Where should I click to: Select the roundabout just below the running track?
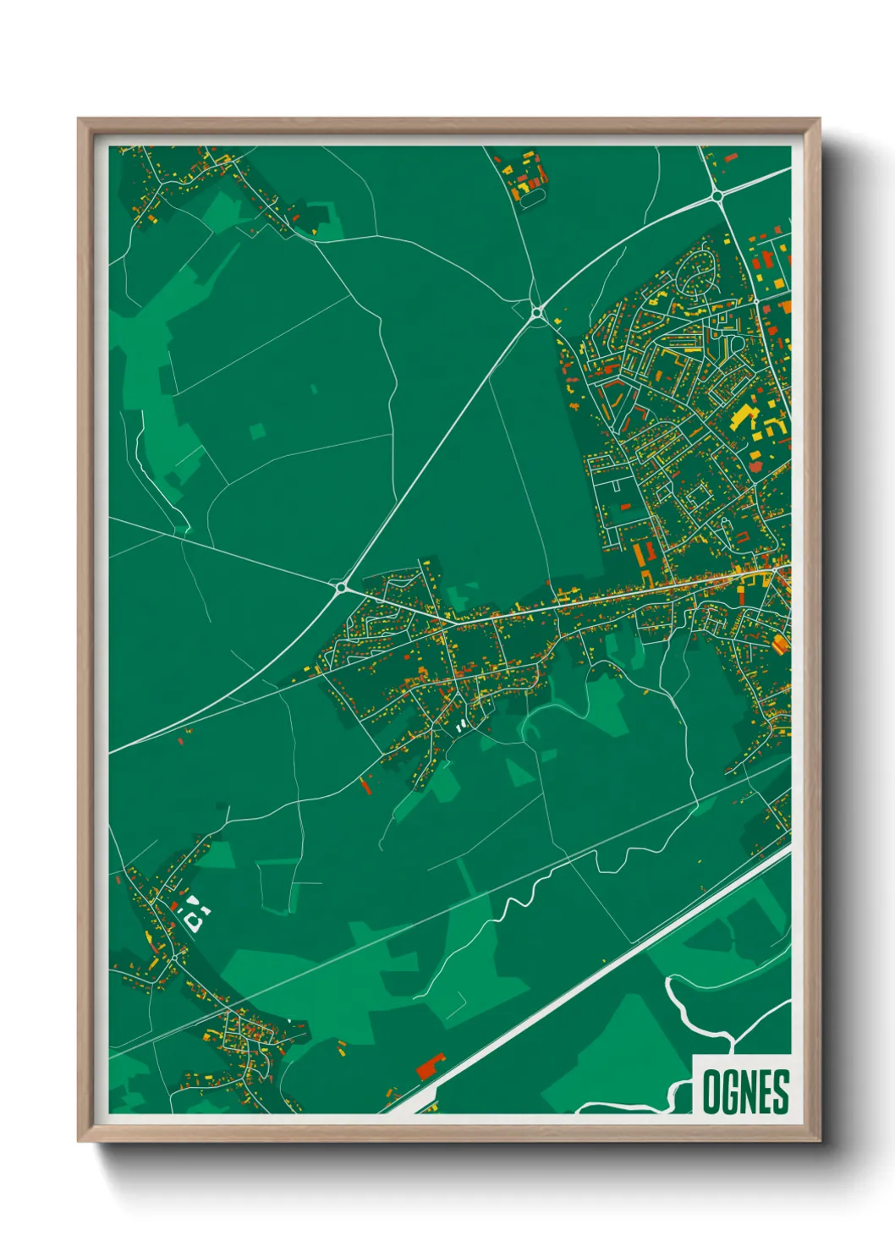click(x=536, y=313)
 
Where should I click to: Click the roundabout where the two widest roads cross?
click(x=717, y=195)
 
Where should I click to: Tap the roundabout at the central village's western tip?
click(x=341, y=586)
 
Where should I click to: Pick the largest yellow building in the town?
click(x=742, y=416)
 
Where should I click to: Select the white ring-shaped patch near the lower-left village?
click(x=195, y=918)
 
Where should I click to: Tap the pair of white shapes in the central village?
click(x=461, y=726)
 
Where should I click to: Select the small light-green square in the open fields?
click(x=257, y=431)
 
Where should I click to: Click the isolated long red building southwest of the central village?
click(x=366, y=786)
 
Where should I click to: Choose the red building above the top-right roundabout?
click(x=730, y=158)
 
